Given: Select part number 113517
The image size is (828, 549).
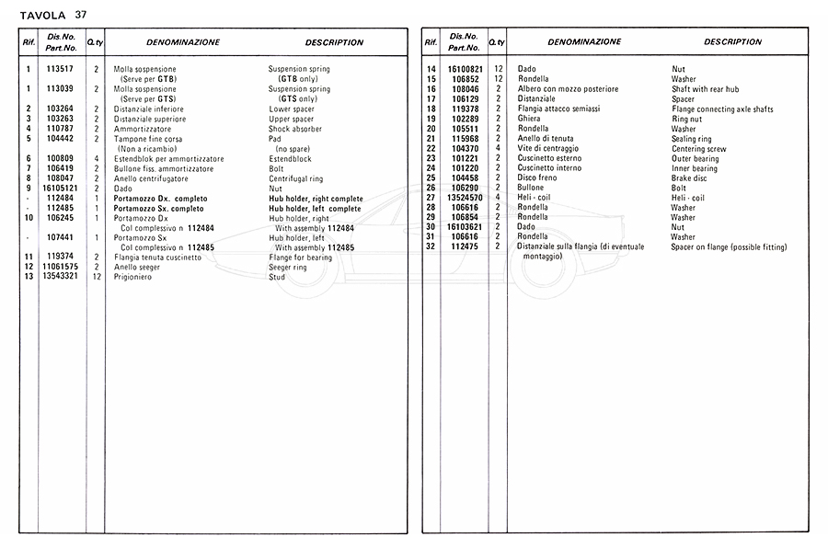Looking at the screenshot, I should [x=60, y=69].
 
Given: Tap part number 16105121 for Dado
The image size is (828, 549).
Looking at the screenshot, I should [x=60, y=189].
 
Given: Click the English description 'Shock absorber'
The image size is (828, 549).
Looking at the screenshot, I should [x=296, y=129].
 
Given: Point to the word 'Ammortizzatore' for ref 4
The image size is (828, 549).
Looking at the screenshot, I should [x=143, y=129].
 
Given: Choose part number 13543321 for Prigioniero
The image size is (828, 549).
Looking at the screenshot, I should [x=60, y=277].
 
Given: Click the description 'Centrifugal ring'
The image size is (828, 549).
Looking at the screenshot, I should [x=299, y=178].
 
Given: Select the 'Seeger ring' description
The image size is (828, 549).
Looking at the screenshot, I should [x=290, y=268].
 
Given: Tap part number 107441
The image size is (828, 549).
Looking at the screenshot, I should [x=60, y=237].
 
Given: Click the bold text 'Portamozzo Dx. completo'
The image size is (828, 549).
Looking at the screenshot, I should [x=160, y=199].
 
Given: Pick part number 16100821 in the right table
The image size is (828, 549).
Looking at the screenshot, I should [x=465, y=69].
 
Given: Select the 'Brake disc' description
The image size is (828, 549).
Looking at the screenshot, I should [x=692, y=178].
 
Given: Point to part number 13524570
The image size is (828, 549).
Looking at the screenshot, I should [x=465, y=198].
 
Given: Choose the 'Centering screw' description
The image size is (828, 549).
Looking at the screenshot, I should [x=701, y=149].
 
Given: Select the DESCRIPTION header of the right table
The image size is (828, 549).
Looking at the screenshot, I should [x=733, y=42].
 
